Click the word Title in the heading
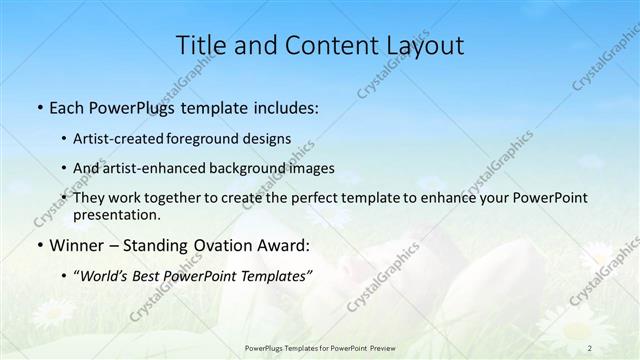pyautogui.click(x=201, y=45)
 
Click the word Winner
pyautogui.click(x=77, y=245)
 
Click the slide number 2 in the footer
pyautogui.click(x=590, y=347)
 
